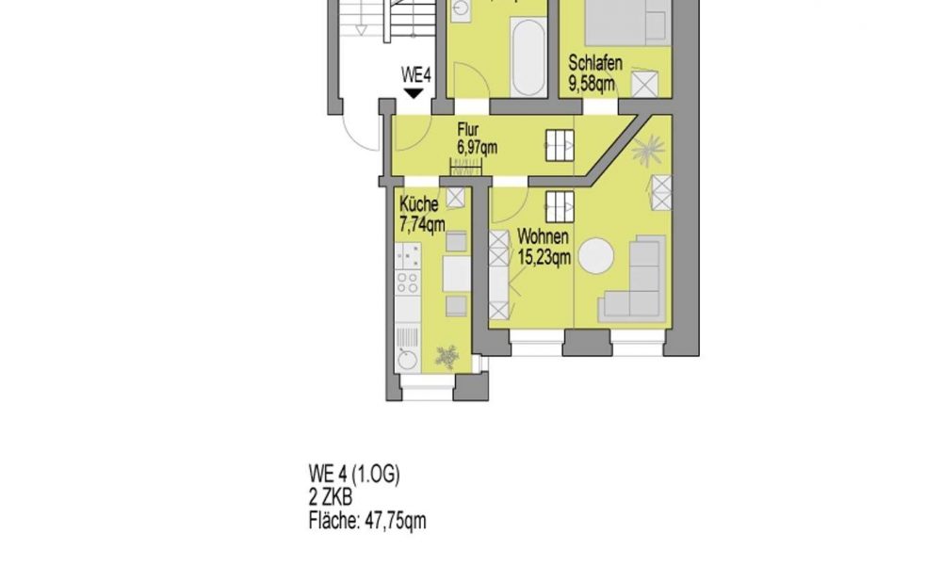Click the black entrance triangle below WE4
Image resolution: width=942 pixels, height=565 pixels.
[414, 93]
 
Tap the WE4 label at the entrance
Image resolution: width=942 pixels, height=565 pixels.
[415, 75]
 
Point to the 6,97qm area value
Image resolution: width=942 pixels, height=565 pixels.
[477, 147]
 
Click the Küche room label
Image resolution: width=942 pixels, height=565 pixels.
[418, 204]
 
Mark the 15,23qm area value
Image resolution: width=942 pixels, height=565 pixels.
[544, 256]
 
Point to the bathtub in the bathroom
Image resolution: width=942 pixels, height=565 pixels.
[528, 56]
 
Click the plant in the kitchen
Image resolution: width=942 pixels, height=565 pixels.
[447, 356]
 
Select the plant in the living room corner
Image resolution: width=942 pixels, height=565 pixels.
[648, 149]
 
